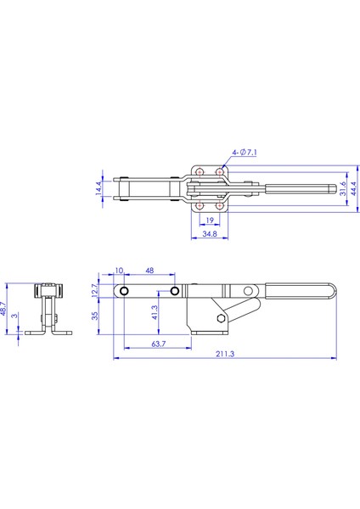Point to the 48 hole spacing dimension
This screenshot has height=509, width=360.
(x=149, y=271)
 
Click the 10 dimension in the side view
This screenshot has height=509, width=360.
(x=118, y=271)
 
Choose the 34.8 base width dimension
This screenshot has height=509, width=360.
(x=209, y=234)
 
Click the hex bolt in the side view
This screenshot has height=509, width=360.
(x=222, y=319)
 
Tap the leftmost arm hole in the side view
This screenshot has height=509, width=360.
(x=125, y=292)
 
